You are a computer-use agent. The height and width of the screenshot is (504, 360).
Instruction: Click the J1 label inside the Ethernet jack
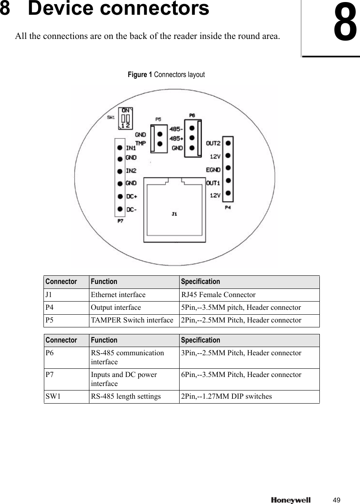click(x=174, y=213)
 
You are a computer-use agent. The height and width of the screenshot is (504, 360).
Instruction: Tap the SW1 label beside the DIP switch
click(x=111, y=117)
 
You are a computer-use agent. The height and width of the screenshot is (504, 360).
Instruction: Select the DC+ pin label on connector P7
click(x=132, y=196)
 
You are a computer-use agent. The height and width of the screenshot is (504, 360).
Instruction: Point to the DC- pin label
click(x=132, y=210)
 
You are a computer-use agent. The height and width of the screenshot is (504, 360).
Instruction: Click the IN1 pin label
click(x=131, y=148)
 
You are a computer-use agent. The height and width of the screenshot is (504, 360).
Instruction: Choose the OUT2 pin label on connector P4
click(x=213, y=143)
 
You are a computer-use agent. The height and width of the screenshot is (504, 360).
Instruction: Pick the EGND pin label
click(x=213, y=169)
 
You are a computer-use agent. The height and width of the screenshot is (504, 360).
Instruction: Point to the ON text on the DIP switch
click(x=125, y=110)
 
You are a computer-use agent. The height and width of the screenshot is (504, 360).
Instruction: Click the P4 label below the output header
click(x=228, y=208)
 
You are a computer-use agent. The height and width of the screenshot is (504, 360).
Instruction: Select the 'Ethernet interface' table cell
click(x=118, y=295)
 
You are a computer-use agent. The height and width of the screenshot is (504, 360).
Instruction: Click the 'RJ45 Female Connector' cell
click(x=219, y=295)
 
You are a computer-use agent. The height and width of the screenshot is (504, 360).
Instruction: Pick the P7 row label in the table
click(x=49, y=375)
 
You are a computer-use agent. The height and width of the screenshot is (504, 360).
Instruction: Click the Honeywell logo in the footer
click(x=291, y=500)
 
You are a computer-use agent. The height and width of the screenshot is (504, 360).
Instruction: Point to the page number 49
click(x=337, y=500)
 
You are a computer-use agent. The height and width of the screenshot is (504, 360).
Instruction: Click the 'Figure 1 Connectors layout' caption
click(x=166, y=75)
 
